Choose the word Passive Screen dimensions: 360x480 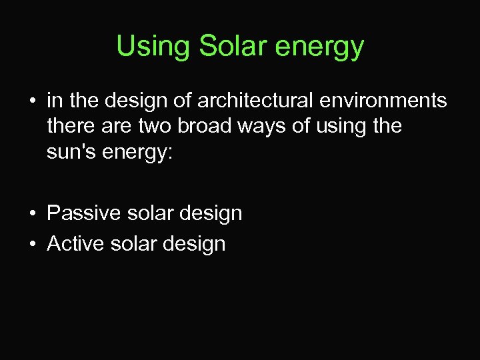pyautogui.click(x=83, y=213)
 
